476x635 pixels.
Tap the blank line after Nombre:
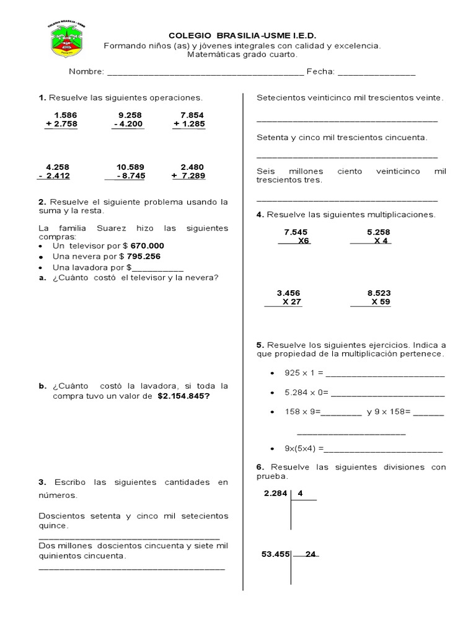(x=205, y=73)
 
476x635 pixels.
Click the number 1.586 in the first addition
(x=65, y=115)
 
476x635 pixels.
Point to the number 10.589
(x=130, y=167)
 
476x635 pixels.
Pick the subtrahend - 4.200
(x=128, y=125)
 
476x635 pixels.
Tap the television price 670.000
(x=148, y=246)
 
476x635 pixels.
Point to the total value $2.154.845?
(x=183, y=396)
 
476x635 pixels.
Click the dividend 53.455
(x=276, y=554)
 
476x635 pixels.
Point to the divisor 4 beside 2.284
(x=300, y=494)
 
